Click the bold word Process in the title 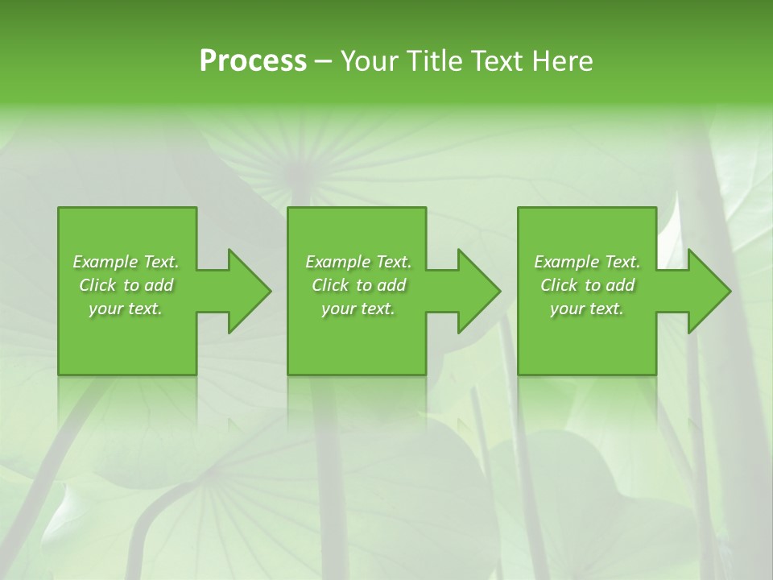[253, 61]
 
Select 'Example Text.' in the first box [126, 262]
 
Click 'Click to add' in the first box [126, 285]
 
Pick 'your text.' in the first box [126, 309]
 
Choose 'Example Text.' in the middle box [358, 262]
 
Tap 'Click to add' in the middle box [358, 285]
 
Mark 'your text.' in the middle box [358, 309]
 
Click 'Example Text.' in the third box [587, 262]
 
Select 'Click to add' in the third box [587, 285]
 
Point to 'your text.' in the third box [587, 309]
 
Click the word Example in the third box [567, 262]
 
